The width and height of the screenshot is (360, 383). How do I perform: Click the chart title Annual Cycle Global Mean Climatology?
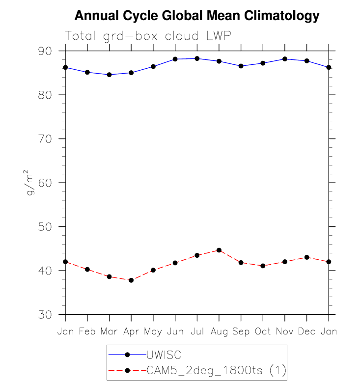pyautogui.click(x=197, y=16)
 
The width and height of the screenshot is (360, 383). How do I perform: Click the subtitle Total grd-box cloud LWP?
pyautogui.click(x=148, y=36)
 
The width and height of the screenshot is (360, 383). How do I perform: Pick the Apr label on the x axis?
pyautogui.click(x=131, y=332)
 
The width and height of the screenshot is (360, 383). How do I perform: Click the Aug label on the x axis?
pyautogui.click(x=219, y=332)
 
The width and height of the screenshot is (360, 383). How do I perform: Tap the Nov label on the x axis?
pyautogui.click(x=285, y=332)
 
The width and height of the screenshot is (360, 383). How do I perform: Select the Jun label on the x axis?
pyautogui.click(x=175, y=332)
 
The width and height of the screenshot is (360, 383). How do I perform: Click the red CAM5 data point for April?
pyautogui.click(x=131, y=280)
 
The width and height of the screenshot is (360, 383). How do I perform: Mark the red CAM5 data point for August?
pyautogui.click(x=219, y=250)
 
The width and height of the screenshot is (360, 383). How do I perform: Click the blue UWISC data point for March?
pyautogui.click(x=109, y=75)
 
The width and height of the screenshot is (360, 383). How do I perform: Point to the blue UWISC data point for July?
pyautogui.click(x=197, y=58)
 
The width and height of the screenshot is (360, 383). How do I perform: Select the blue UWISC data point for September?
pyautogui.click(x=241, y=66)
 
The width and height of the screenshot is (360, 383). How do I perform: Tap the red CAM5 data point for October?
pyautogui.click(x=263, y=266)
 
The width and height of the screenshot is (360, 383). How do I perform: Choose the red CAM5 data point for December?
pyautogui.click(x=307, y=257)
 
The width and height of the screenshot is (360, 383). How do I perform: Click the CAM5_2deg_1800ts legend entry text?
pyautogui.click(x=216, y=369)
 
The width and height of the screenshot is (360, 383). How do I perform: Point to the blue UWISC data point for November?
pyautogui.click(x=285, y=59)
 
